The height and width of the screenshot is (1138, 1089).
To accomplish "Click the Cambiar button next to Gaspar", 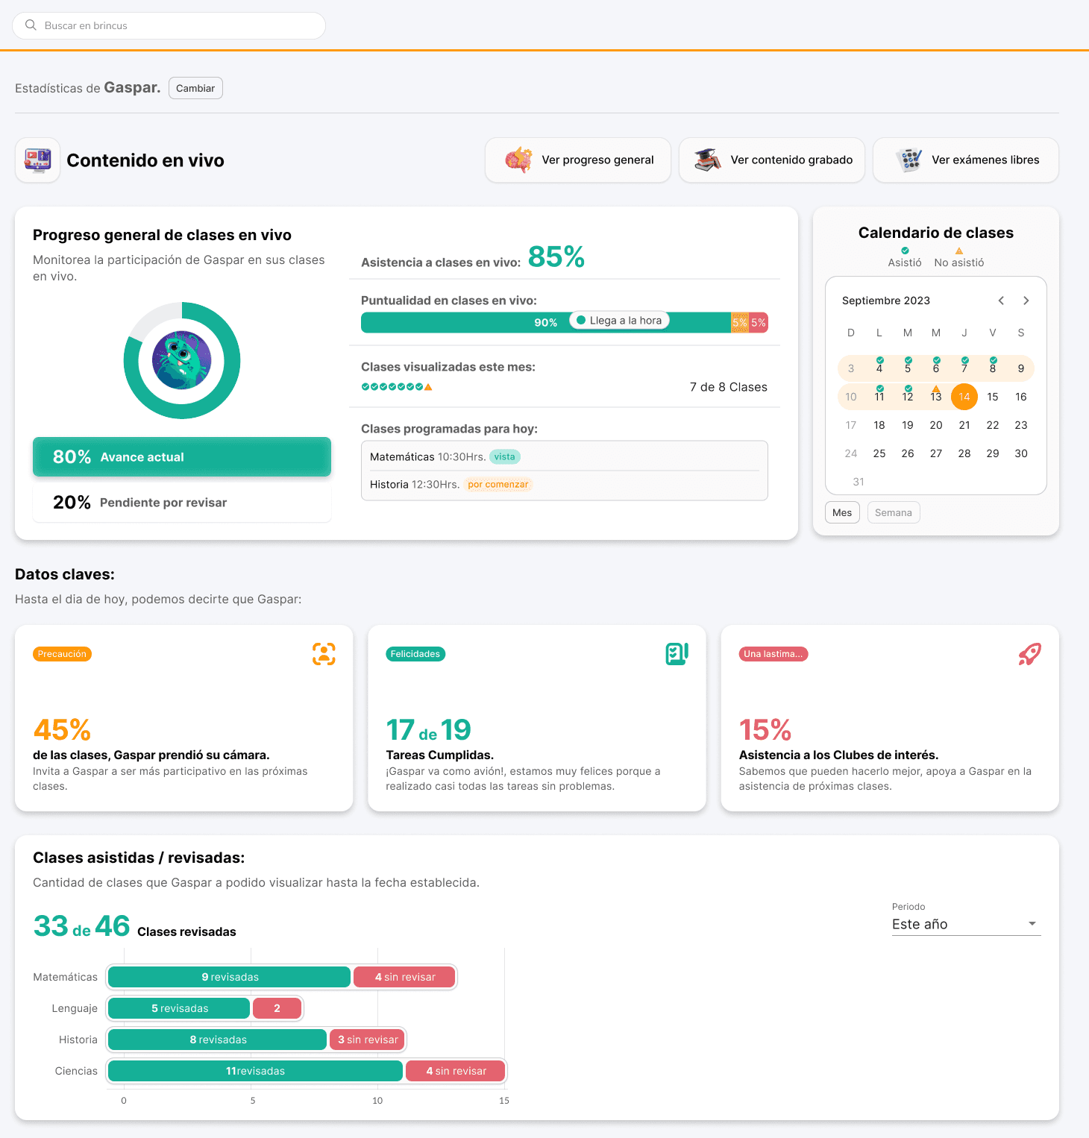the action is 195,88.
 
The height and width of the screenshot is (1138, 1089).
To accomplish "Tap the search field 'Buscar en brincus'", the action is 169,25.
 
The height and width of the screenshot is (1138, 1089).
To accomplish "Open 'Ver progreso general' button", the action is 578,160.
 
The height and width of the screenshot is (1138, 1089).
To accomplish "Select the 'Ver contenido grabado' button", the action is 772,160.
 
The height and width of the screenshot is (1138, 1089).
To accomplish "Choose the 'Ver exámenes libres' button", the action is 966,160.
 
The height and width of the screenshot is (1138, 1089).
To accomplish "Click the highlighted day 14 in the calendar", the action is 964,397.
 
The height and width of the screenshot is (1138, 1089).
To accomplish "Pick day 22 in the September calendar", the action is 993,425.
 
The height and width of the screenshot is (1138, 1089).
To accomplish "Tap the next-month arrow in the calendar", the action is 1026,301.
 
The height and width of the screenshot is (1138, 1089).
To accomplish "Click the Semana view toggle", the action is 894,512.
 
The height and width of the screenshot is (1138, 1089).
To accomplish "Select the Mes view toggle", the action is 842,512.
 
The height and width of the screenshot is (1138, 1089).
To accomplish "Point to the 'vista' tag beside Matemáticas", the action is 505,456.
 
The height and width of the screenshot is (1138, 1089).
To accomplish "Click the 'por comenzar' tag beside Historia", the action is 498,484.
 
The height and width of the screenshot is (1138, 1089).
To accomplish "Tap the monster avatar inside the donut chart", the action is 182,360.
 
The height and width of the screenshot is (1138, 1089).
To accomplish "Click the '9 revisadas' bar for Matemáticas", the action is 230,977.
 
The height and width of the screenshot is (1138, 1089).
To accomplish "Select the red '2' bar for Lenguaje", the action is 277,1008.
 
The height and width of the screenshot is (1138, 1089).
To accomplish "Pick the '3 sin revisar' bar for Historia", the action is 368,1040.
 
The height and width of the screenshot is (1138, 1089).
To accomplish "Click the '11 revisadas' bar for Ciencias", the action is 255,1071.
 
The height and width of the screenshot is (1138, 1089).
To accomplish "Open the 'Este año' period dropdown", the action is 966,924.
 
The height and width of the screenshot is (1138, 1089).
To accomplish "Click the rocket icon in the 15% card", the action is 1030,654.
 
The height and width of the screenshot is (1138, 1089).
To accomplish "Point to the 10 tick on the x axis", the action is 377,1101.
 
